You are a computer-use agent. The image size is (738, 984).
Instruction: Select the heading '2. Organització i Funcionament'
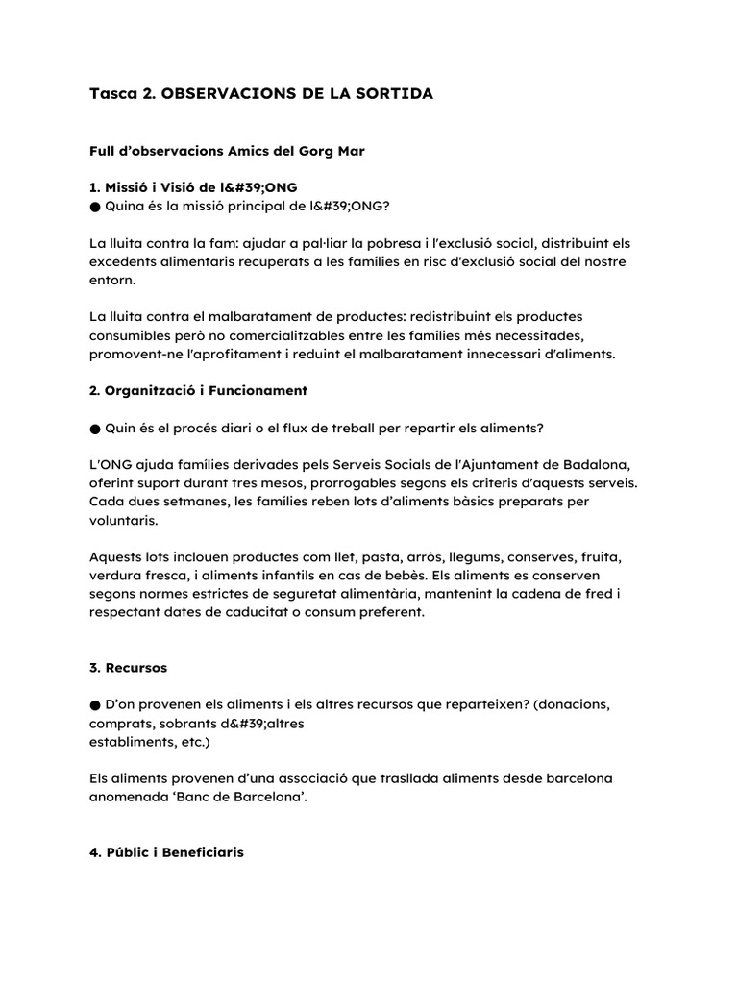pyautogui.click(x=198, y=391)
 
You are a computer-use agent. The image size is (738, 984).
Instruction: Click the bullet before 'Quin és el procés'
pyautogui.click(x=95, y=428)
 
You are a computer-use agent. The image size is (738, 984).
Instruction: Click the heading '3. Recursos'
pyautogui.click(x=128, y=667)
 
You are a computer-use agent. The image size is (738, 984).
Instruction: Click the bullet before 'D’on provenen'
pyautogui.click(x=95, y=704)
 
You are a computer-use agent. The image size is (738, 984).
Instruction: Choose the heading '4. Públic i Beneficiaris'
pyautogui.click(x=166, y=852)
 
